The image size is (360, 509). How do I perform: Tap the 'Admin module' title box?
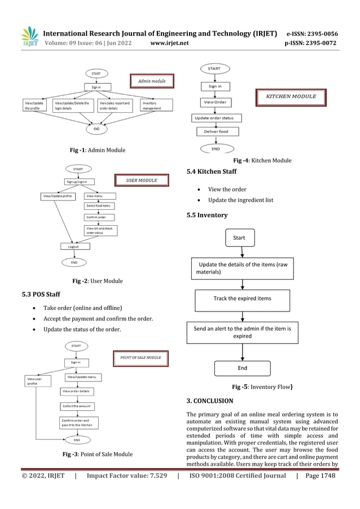pyautogui.click(x=152, y=81)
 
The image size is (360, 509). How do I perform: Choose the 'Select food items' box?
pyautogui.click(x=99, y=206)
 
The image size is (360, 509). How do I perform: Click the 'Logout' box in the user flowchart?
pyautogui.click(x=73, y=246)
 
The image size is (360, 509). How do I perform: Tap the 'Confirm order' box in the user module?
pyautogui.click(x=97, y=217)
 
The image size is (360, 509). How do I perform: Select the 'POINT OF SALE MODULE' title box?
pyautogui.click(x=141, y=357)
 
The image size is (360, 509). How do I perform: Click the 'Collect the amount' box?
pyautogui.click(x=77, y=406)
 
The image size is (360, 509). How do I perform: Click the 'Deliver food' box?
pyautogui.click(x=216, y=131)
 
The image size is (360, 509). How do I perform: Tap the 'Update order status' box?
pyautogui.click(x=217, y=118)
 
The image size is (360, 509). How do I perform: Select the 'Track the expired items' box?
pyautogui.click(x=242, y=299)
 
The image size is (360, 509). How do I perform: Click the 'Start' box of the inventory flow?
pyautogui.click(x=239, y=238)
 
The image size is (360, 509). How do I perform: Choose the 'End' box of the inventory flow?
pyautogui.click(x=242, y=368)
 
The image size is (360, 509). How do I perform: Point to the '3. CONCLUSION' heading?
pyautogui.click(x=209, y=401)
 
